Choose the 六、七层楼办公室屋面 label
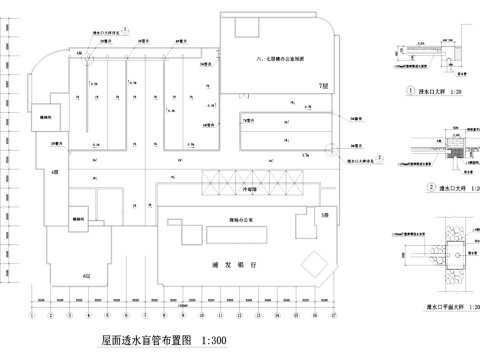point(278,59)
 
